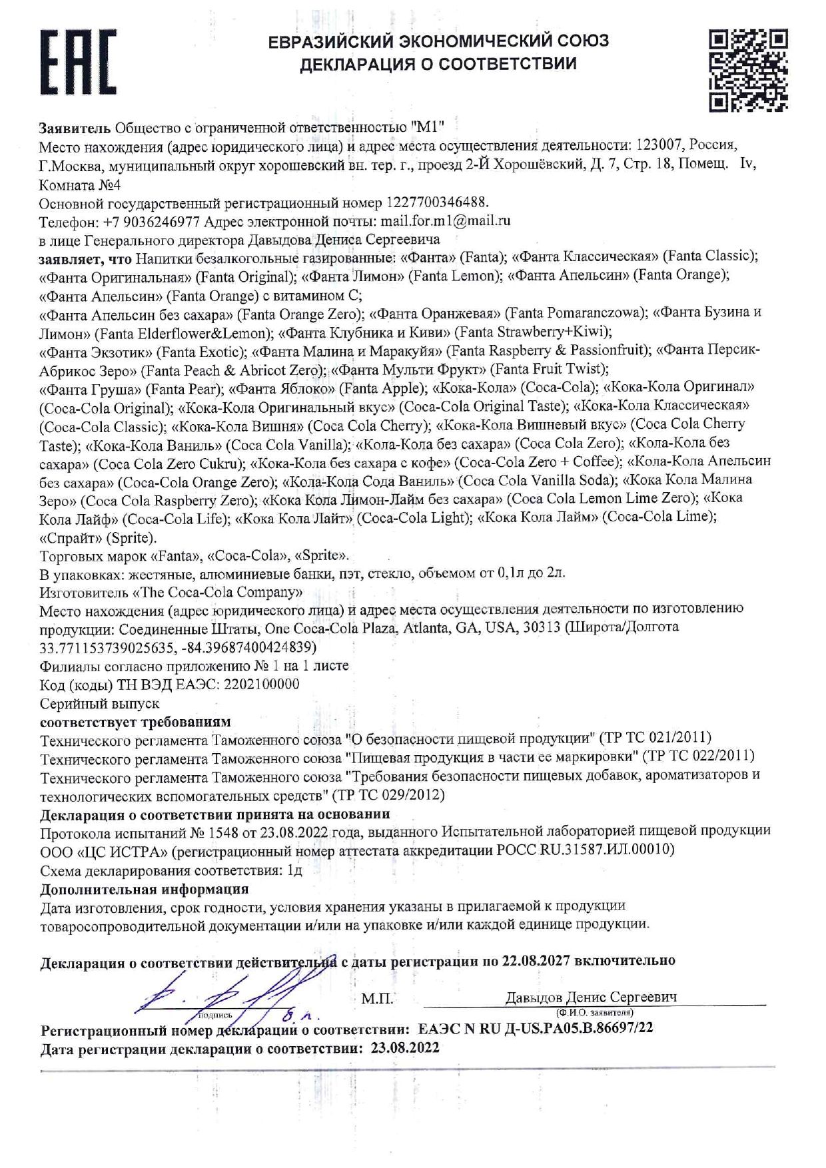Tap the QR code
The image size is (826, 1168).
748,69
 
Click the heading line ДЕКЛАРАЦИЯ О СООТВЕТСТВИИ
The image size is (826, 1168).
438,65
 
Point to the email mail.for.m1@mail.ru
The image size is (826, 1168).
445,220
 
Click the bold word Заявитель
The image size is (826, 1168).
75,127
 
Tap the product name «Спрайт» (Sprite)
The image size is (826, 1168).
98,537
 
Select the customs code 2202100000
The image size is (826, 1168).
262,684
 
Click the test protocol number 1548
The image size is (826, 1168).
224,832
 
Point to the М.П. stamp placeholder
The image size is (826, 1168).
377,999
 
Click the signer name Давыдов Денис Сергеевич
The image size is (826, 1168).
591,997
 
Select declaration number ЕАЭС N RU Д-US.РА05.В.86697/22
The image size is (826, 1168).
535,1028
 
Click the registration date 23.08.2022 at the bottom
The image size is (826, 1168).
405,1048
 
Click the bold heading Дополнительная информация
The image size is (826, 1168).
144,889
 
